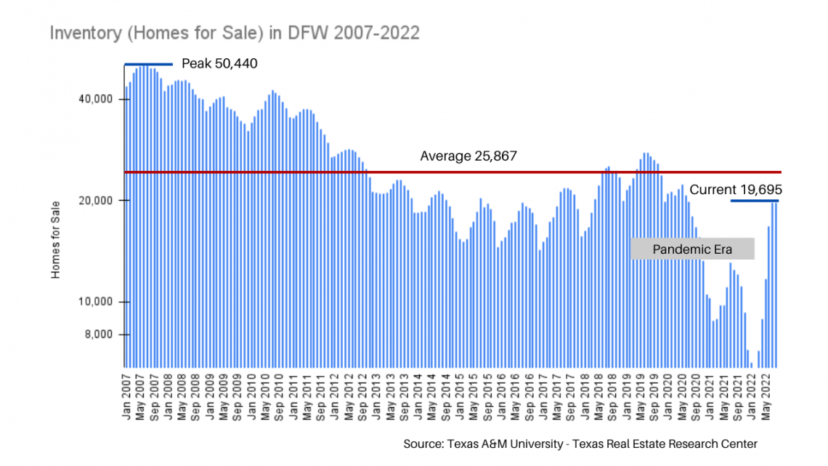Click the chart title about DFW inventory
235,33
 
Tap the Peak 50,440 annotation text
219,64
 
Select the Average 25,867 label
468,156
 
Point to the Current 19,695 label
736,190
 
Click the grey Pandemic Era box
692,249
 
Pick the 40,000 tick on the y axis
96,100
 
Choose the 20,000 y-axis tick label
96,201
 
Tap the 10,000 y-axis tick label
96,302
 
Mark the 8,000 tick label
99,334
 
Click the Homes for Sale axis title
55,240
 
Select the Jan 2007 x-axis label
126,398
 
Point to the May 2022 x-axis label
766,398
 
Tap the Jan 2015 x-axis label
460,398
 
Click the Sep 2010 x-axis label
279,398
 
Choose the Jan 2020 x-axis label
668,398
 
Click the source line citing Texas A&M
580,443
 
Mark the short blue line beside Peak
148,65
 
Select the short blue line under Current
755,201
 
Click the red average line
452,172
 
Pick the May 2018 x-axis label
598,398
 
